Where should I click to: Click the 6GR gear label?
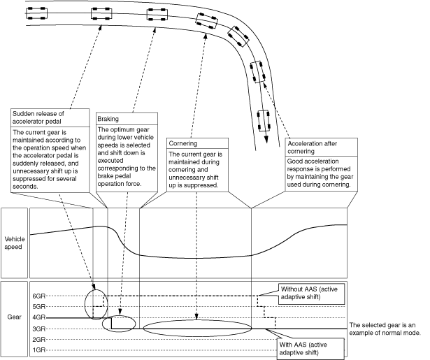pyautogui.click(x=38, y=296)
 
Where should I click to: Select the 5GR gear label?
pyautogui.click(x=38, y=307)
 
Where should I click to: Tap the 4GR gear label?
pyautogui.click(x=38, y=318)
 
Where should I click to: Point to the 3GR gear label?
pyautogui.click(x=38, y=329)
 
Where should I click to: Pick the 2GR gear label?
pyautogui.click(x=38, y=339)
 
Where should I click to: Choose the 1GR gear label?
pyautogui.click(x=38, y=350)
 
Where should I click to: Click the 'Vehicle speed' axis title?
pyautogui.click(x=14, y=242)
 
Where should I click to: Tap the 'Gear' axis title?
pyautogui.click(x=14, y=317)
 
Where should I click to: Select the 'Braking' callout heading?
pyautogui.click(x=108, y=120)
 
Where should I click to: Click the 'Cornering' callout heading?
pyautogui.click(x=184, y=143)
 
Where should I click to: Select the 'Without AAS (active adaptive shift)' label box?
pyautogui.click(x=311, y=294)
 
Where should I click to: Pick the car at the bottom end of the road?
pyautogui.click(x=264, y=120)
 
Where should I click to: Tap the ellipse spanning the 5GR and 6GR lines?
pyautogui.click(x=96, y=302)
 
